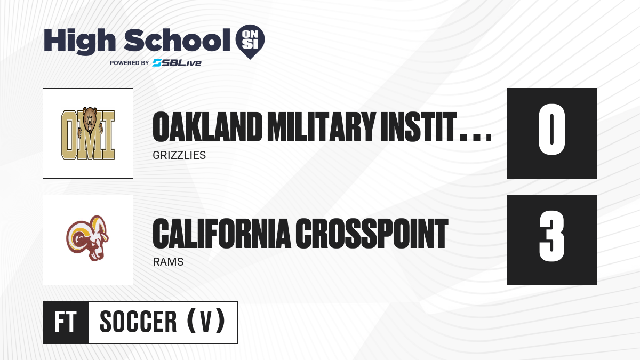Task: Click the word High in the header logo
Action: [x=80, y=42]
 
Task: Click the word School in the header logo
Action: [x=177, y=40]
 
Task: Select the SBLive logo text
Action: [x=177, y=63]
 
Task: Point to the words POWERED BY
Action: [x=130, y=63]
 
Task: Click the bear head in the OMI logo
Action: [x=90, y=119]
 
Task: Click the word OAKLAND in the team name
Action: [x=207, y=126]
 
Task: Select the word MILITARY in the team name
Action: [x=321, y=126]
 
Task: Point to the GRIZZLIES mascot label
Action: [x=179, y=155]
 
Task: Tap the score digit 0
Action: [x=551, y=129]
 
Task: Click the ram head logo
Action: [x=87, y=238]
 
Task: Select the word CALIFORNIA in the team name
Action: [x=222, y=234]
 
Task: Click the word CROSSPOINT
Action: [x=372, y=234]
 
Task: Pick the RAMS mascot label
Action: [x=168, y=262]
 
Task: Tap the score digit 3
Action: [x=551, y=236]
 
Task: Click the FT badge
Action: [x=66, y=323]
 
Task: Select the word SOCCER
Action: [x=138, y=322]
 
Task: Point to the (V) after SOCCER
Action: [x=206, y=321]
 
